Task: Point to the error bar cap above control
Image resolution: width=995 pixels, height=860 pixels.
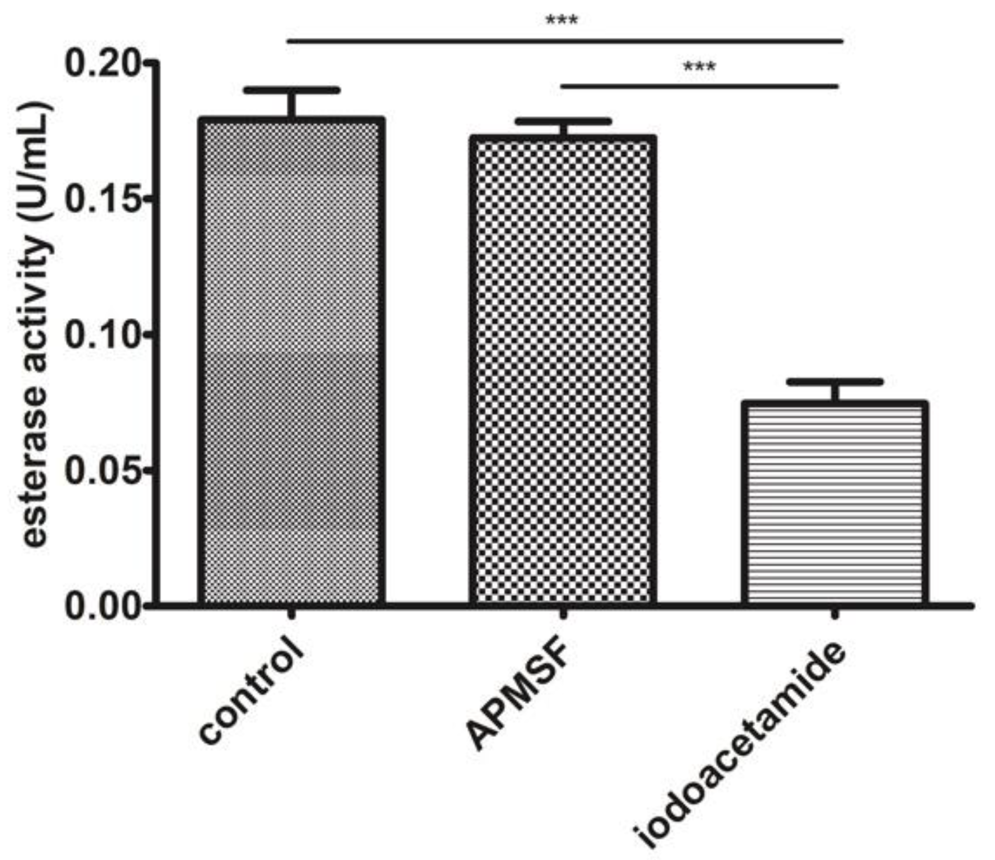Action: click(x=292, y=90)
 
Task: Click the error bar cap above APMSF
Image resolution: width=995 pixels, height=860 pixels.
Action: click(x=563, y=121)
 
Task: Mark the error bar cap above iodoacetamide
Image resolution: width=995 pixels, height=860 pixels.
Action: click(x=835, y=382)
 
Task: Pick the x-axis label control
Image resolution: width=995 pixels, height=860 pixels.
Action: click(x=250, y=697)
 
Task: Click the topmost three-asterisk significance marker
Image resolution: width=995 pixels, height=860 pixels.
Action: click(x=562, y=21)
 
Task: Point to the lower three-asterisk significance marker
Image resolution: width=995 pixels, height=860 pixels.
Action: click(x=699, y=67)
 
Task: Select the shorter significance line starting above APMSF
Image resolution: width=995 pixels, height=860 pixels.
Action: click(x=699, y=86)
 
